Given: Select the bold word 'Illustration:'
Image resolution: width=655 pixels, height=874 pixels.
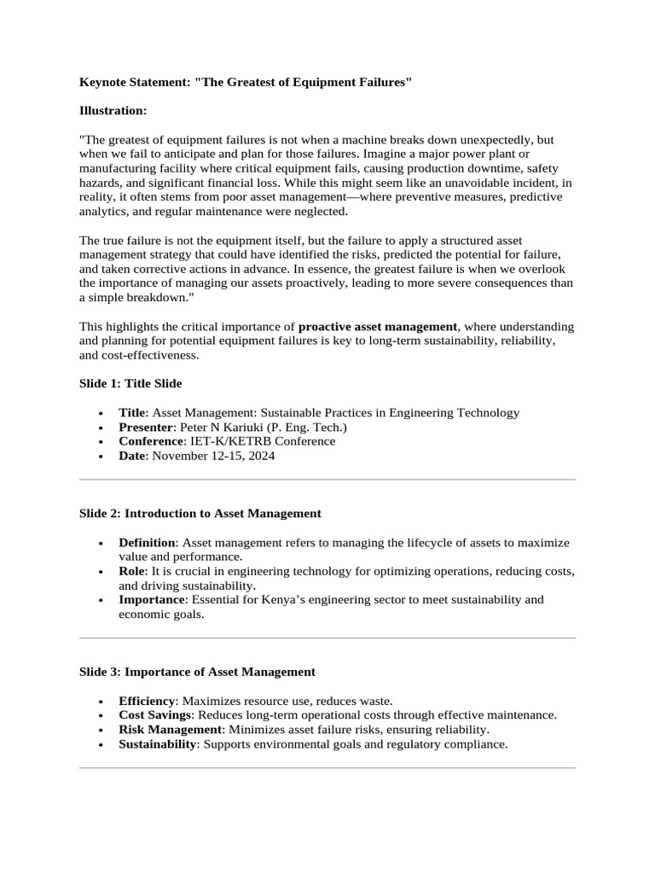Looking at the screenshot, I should click(x=113, y=110).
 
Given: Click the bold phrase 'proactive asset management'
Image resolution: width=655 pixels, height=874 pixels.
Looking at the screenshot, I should click(x=378, y=327).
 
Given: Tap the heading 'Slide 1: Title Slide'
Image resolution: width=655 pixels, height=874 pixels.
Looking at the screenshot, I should click(x=130, y=383).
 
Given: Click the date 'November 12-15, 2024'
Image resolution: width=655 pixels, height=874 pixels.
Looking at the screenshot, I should click(x=213, y=456).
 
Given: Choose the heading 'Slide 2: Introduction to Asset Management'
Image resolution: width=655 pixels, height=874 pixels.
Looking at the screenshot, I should click(x=200, y=514).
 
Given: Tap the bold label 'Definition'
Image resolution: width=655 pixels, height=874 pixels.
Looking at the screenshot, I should click(x=147, y=543).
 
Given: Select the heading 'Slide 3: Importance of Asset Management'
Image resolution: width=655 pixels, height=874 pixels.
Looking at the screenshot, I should click(x=197, y=672).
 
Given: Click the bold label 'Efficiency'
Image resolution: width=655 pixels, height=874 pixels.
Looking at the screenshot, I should click(x=146, y=701).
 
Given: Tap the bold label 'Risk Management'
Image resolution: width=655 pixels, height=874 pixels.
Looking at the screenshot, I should click(x=170, y=730).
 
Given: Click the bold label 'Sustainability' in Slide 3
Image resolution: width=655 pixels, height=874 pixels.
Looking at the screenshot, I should click(x=158, y=744).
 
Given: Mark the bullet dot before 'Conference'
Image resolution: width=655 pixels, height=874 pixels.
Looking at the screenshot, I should click(x=101, y=442).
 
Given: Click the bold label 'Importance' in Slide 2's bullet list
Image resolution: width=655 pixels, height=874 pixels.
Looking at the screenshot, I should click(x=151, y=600).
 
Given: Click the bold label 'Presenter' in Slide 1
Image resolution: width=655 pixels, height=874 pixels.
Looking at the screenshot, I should click(x=146, y=427).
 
